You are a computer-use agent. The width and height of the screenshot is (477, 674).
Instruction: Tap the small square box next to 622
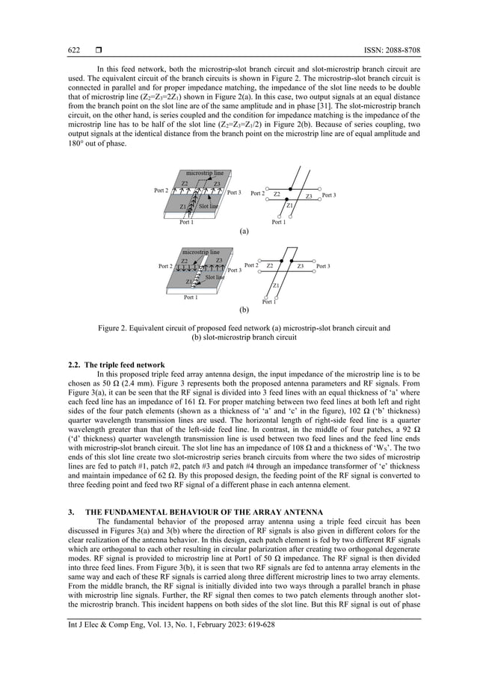88,51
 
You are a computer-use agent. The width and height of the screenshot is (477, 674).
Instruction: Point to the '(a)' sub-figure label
243,232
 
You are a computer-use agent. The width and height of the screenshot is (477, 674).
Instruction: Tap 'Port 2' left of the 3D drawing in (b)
167,266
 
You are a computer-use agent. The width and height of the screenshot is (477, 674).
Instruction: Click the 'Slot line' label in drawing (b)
215,277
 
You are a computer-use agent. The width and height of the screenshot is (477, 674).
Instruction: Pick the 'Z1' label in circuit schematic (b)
276,285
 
